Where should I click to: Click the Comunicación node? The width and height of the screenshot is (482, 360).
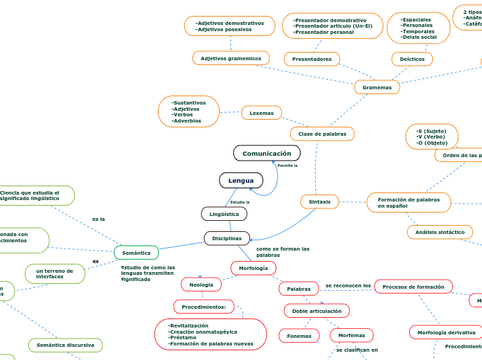(267, 153)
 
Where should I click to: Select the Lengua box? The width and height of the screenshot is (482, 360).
(241, 181)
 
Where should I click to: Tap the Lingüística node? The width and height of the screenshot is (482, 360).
(224, 214)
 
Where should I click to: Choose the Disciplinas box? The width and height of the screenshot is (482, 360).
(226, 238)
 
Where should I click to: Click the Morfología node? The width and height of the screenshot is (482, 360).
(253, 268)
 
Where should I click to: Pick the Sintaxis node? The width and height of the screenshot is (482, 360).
(319, 201)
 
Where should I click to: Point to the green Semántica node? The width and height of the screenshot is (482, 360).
(136, 253)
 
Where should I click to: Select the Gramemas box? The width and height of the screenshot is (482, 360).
(377, 87)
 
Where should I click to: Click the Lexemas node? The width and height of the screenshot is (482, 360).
(261, 113)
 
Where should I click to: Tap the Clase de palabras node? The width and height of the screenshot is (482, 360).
(322, 134)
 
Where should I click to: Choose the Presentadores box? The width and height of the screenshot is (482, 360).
(312, 59)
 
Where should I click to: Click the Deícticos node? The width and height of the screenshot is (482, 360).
(412, 59)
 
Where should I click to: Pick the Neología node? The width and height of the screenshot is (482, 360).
(201, 285)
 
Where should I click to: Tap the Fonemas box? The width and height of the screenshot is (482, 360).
(298, 336)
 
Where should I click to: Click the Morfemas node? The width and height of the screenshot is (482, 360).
(351, 336)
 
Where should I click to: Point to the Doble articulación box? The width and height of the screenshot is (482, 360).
(316, 311)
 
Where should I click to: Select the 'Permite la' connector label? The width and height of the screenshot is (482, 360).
(287, 166)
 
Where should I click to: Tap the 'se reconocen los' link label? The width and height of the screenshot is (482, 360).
(348, 285)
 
